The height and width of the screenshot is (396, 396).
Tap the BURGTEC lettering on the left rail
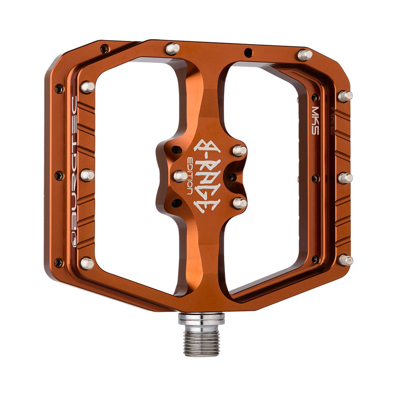point(73,161)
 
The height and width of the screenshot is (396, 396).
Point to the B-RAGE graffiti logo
point(207,175)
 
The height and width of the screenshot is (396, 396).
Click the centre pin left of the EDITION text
point(181,176)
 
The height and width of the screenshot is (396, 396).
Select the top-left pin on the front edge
point(173,48)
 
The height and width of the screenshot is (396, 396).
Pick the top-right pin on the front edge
point(305,55)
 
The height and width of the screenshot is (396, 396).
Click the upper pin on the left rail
point(88,87)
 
